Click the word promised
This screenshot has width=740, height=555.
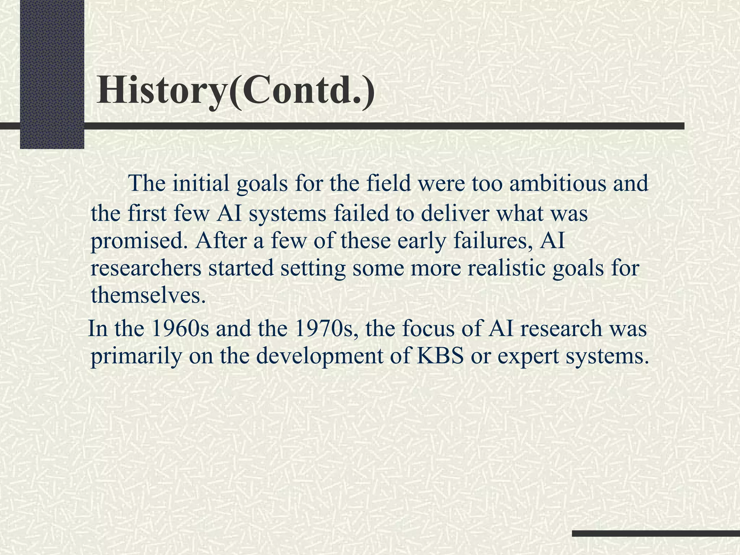click(x=140, y=242)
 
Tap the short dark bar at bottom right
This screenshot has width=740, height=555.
click(x=656, y=533)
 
